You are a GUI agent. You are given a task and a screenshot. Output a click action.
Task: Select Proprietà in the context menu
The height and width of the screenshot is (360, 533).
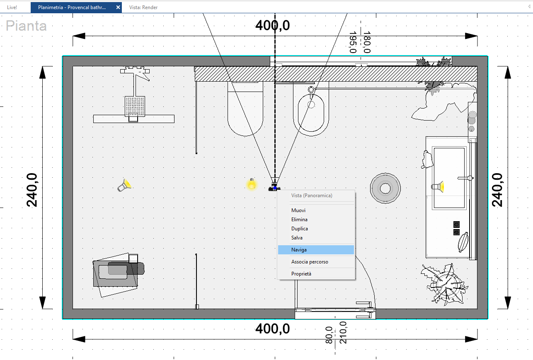coord(301,274)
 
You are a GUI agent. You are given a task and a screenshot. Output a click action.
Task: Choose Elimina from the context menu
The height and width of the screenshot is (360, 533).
coord(299,220)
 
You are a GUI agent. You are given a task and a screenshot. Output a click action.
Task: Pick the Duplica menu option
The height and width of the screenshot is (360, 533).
coord(299,229)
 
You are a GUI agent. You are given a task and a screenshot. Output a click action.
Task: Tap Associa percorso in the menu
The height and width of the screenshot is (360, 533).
coord(310,262)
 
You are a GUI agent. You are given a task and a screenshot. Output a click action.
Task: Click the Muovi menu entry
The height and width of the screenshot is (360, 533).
coord(298,210)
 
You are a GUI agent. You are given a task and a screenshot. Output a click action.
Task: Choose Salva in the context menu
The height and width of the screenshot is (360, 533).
coord(297,237)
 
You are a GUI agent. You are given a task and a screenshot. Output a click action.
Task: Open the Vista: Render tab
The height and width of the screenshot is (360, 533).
coord(143,7)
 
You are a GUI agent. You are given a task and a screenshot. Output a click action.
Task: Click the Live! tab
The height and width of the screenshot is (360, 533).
coord(12,7)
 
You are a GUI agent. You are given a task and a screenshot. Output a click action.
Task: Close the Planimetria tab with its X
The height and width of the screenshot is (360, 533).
coord(118,7)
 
